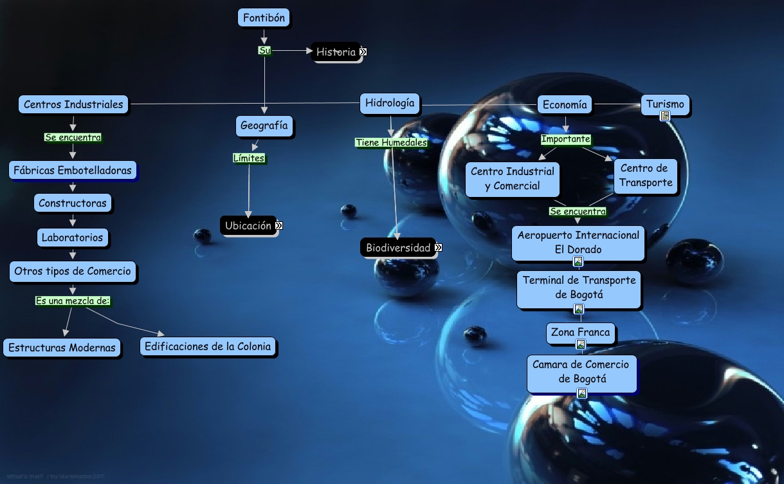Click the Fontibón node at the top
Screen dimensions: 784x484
[264, 18]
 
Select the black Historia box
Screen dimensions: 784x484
[336, 52]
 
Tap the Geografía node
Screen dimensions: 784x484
[264, 126]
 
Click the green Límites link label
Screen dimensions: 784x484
[249, 158]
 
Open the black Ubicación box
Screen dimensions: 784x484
[248, 225]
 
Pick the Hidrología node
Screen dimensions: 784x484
[390, 103]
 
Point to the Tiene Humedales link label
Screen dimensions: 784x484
[391, 142]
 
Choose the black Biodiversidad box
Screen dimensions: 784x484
[398, 248]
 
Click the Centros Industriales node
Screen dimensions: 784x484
[73, 104]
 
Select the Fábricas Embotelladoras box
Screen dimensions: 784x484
[73, 171]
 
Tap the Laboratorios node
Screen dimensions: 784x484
[72, 237]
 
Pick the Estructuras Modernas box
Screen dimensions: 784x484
[62, 348]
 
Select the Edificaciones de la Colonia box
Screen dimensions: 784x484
[209, 346]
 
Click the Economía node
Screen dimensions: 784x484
[565, 104]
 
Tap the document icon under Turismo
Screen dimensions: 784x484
[665, 116]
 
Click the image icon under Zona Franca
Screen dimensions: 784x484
[581, 345]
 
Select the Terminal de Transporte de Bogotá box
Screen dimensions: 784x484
[579, 288]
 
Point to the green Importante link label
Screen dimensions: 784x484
[565, 139]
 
